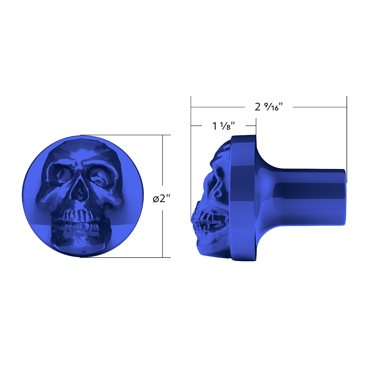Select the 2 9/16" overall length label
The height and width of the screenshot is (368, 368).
tap(268, 107)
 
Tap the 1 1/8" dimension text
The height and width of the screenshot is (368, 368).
tap(224, 126)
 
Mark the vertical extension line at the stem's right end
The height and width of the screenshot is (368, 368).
tap(347, 138)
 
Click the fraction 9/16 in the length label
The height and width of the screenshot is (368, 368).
tap(272, 107)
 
